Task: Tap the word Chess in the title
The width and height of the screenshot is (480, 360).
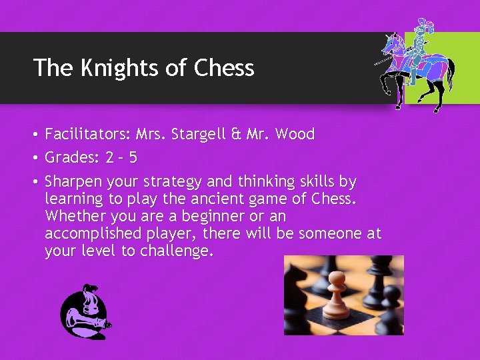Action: click(x=224, y=68)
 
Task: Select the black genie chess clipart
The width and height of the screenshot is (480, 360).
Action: click(x=85, y=311)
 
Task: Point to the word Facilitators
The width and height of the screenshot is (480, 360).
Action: click(x=87, y=134)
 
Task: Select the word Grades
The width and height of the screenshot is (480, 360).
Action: click(x=71, y=158)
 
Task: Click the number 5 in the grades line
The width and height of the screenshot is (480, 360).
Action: click(x=133, y=158)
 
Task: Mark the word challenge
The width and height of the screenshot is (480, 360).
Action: click(x=177, y=251)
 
